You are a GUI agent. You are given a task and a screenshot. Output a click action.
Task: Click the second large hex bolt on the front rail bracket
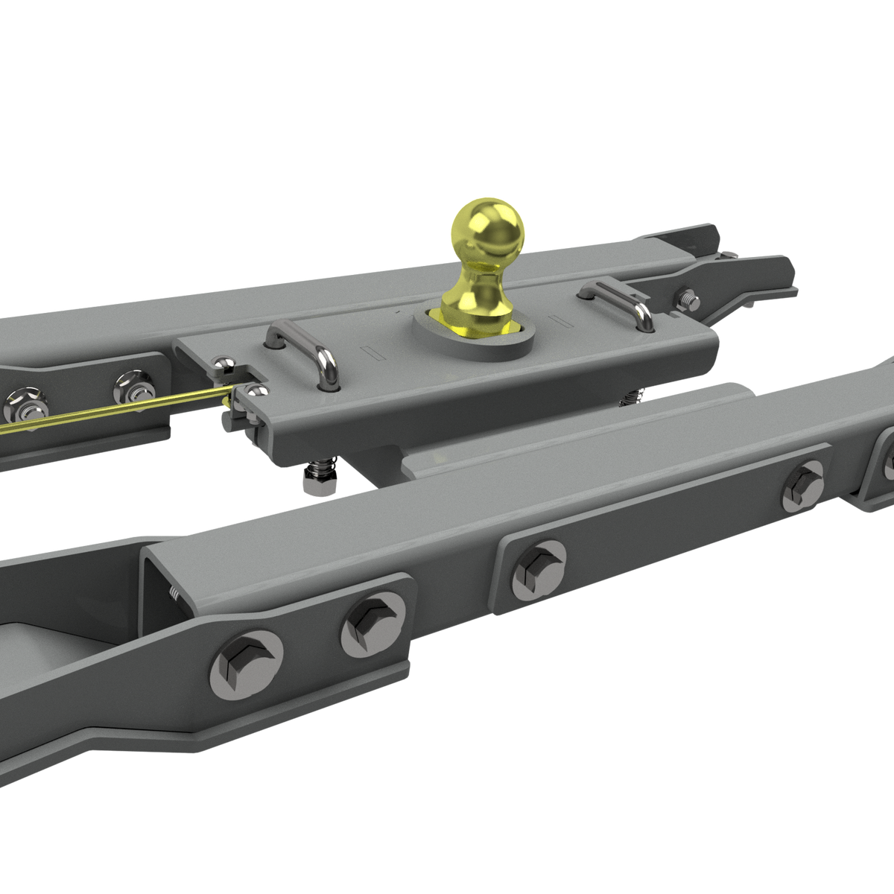374,624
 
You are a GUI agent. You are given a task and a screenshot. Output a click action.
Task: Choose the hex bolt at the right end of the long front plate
804,484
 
